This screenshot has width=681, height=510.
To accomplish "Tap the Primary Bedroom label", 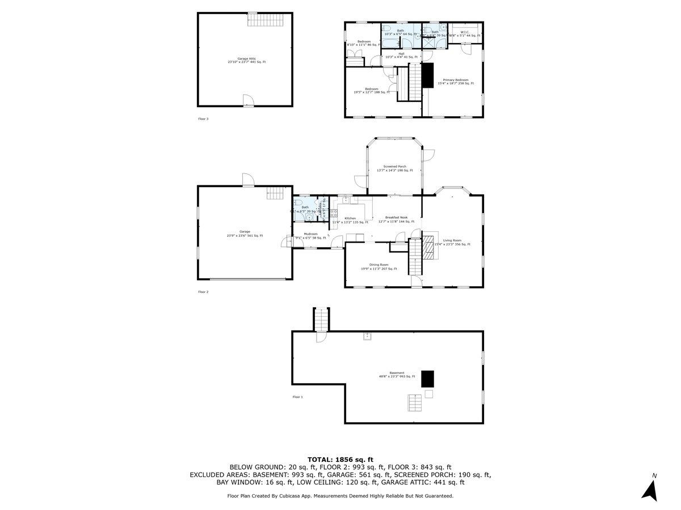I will click(455, 82).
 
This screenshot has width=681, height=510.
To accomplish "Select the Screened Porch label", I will click(394, 168).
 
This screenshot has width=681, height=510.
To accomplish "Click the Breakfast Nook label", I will click(396, 219).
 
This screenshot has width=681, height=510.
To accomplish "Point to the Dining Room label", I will click(379, 266).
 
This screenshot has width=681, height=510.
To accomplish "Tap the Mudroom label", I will click(310, 236).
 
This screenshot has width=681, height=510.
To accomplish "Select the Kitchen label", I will click(350, 220).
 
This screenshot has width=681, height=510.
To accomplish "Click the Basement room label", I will click(397, 375).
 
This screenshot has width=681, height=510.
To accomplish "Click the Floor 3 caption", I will click(203, 119).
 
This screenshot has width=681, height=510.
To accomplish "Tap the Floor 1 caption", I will click(297, 397).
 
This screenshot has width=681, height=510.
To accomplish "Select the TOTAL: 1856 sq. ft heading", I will click(340, 459).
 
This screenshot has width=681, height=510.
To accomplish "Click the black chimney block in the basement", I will click(428, 379).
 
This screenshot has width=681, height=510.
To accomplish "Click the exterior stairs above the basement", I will click(322, 320).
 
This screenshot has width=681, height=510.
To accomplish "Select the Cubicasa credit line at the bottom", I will click(340, 496).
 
